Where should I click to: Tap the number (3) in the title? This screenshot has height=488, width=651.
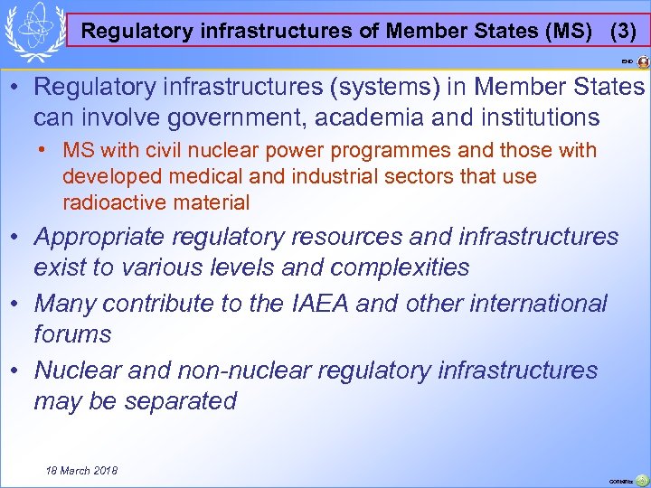click(623, 31)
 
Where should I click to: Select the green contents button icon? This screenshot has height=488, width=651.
click(641, 480)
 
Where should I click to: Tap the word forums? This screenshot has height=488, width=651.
click(72, 335)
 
